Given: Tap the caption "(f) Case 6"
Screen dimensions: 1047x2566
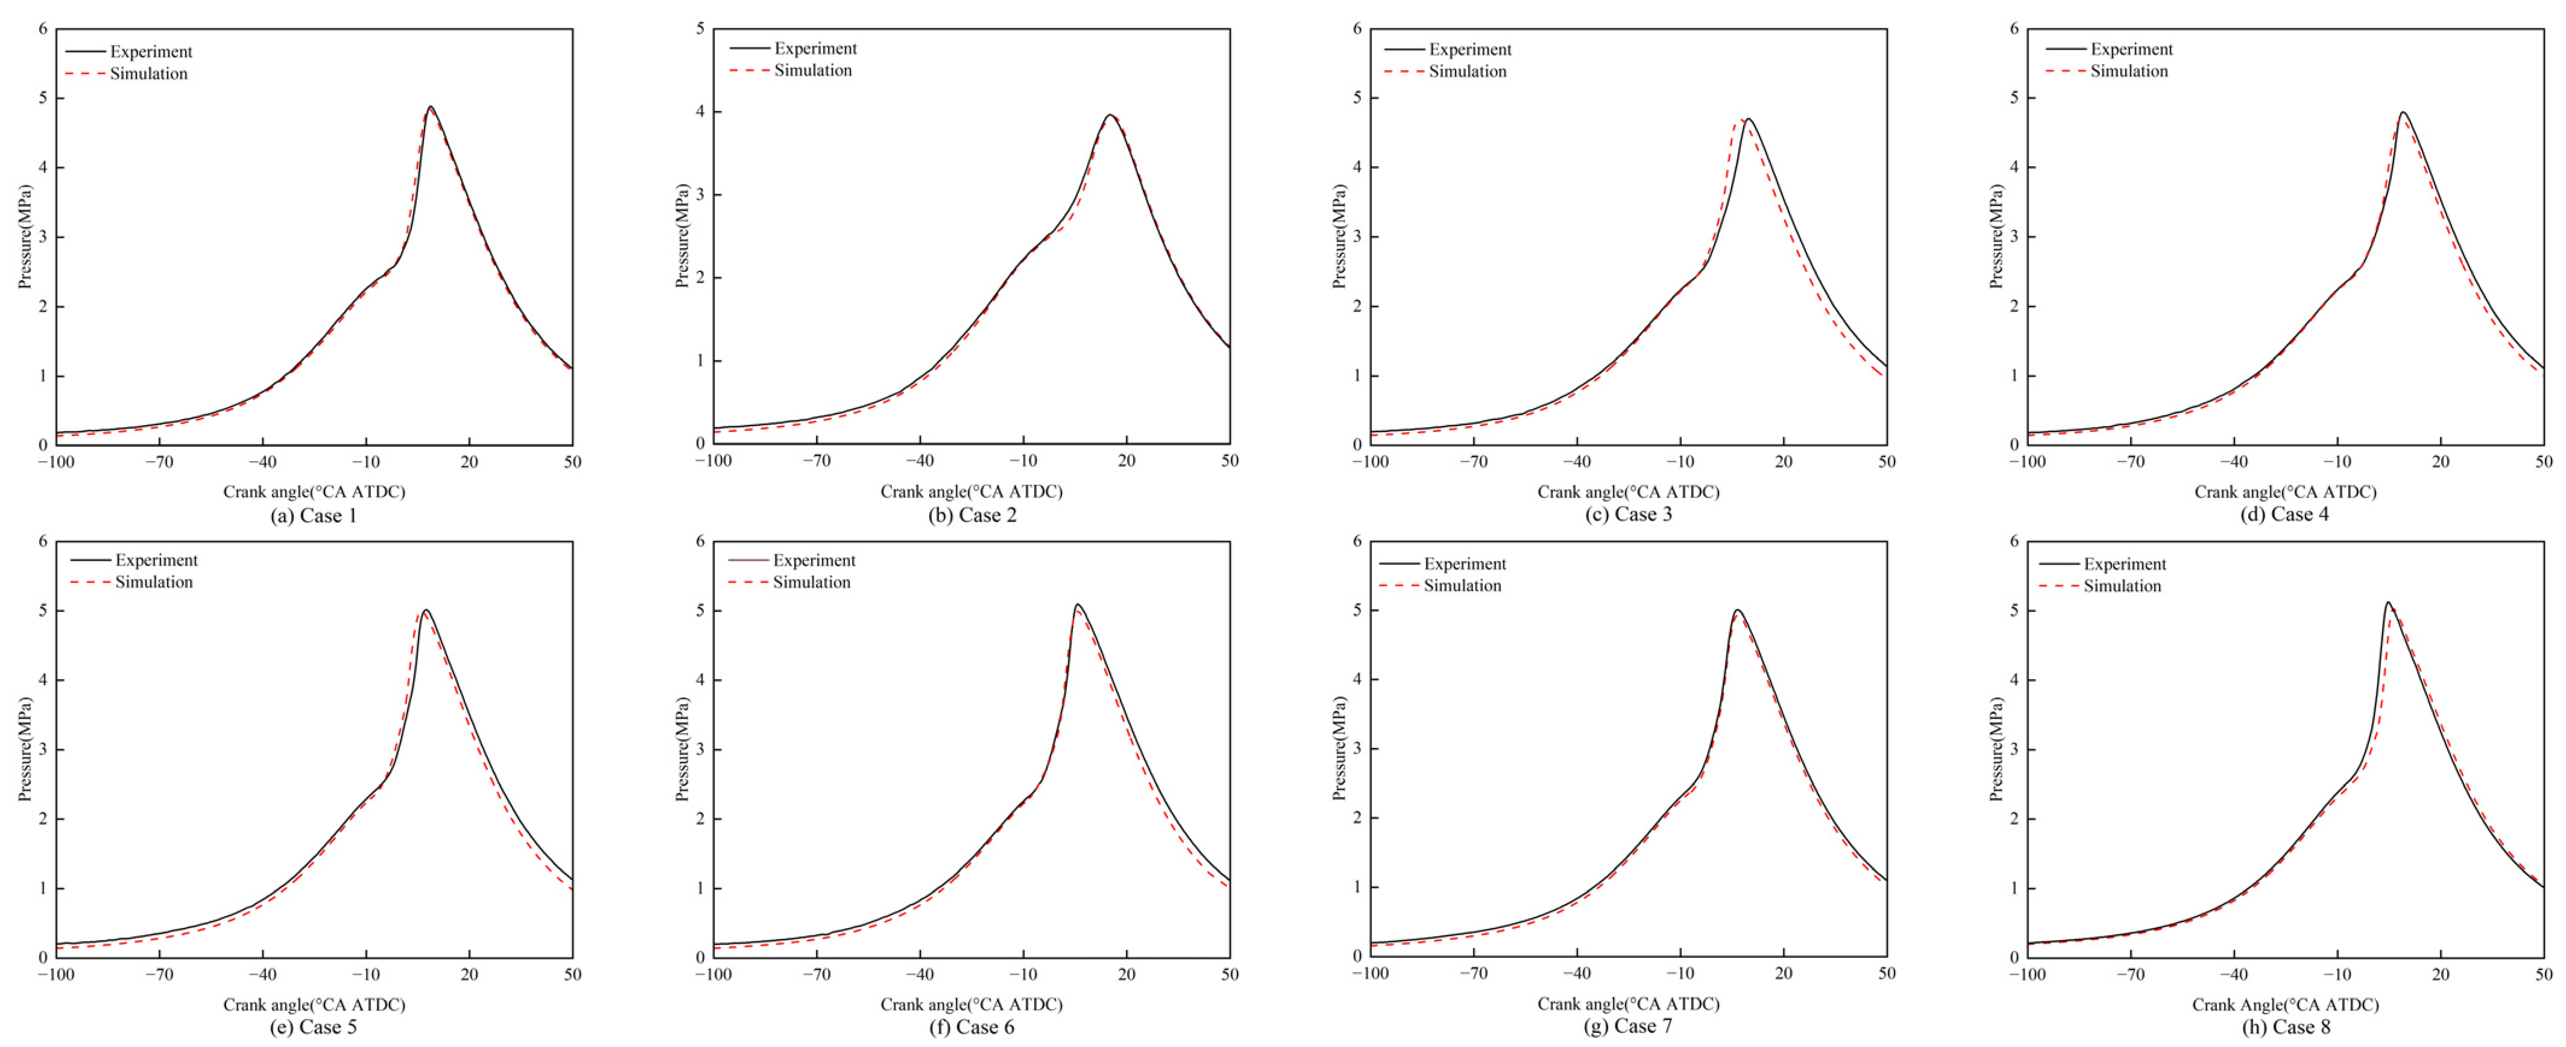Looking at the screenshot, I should [971, 1027].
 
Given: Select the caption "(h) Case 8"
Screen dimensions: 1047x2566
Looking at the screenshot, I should [2285, 1027].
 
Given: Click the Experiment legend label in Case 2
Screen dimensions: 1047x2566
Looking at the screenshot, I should [815, 48].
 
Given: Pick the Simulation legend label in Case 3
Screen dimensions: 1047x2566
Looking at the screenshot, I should [1467, 71].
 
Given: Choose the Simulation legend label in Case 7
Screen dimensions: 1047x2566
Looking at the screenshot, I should [1461, 586].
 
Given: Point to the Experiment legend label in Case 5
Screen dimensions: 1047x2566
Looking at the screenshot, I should [156, 560].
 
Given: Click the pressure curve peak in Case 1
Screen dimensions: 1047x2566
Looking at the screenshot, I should [430, 107].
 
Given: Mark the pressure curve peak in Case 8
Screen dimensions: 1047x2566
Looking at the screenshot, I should [2388, 603].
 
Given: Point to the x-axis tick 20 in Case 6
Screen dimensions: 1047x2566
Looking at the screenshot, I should [1127, 974].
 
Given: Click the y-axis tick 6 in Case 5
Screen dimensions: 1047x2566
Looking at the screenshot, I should [43, 541].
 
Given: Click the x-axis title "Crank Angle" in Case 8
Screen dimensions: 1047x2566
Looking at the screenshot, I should [2285, 1004].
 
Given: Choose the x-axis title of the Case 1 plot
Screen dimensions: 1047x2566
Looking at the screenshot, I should [314, 491].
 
